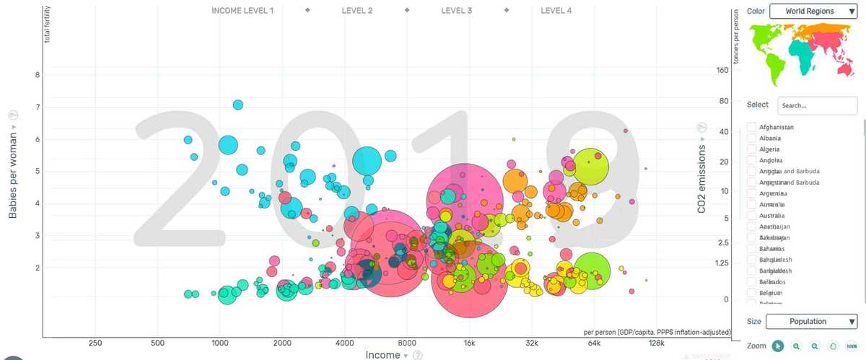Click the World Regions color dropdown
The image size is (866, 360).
tap(813, 12)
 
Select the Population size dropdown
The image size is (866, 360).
tap(811, 322)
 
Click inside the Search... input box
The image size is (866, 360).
tap(817, 105)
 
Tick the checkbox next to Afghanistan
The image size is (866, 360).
tap(751, 127)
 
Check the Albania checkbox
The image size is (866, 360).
tap(751, 138)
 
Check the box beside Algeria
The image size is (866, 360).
tap(751, 149)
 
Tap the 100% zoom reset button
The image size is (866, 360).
tap(852, 346)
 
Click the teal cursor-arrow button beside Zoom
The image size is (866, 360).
tap(777, 346)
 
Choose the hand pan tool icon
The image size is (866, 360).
tap(833, 346)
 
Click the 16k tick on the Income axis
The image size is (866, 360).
tap(470, 343)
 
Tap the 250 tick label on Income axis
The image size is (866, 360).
tap(95, 343)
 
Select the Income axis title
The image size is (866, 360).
tap(382, 355)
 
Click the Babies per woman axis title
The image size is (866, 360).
tap(12, 173)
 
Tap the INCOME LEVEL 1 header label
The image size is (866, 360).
tap(242, 11)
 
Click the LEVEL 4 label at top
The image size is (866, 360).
tap(556, 11)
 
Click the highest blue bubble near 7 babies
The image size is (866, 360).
tap(238, 105)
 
